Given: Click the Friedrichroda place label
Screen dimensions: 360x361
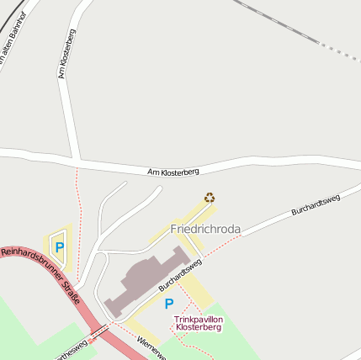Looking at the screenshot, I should pyautogui.click(x=205, y=229).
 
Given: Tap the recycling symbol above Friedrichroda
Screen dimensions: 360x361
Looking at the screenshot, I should pyautogui.click(x=210, y=198).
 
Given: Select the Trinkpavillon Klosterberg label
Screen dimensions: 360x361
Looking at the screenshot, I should pyautogui.click(x=199, y=323).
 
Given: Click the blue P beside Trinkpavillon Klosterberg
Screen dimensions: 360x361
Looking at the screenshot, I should pyautogui.click(x=169, y=304).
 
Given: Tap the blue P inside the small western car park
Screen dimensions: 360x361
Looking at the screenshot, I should pyautogui.click(x=59, y=246).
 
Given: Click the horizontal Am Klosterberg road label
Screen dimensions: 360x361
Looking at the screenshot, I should pyautogui.click(x=173, y=172).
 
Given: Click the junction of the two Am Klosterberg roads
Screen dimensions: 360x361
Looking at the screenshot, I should pyautogui.click(x=77, y=160).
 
